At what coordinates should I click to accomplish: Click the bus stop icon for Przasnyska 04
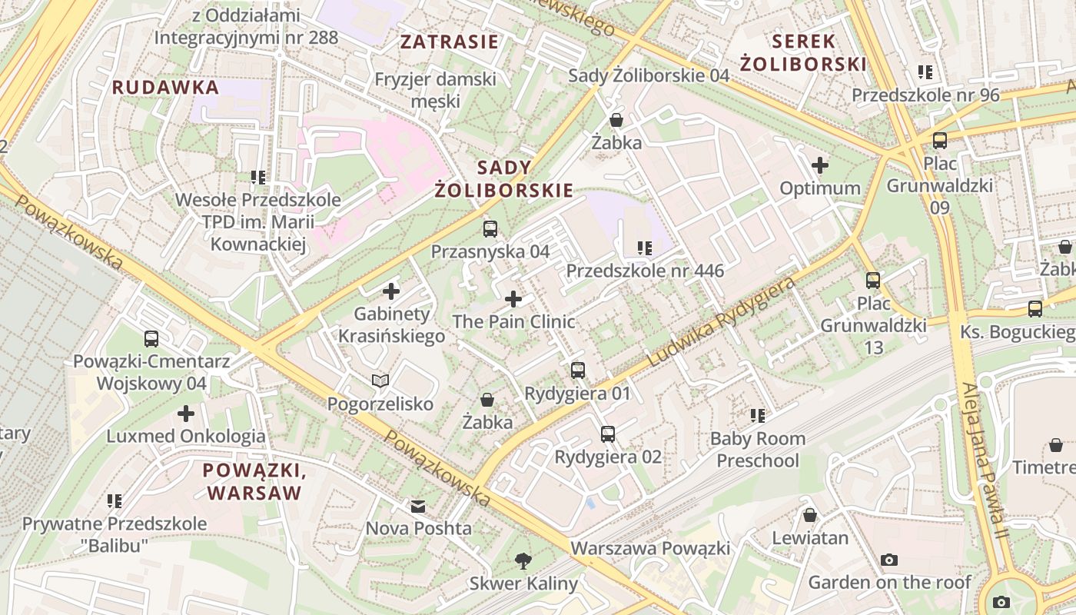pos(490,228)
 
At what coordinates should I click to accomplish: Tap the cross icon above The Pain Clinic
pos(513,298)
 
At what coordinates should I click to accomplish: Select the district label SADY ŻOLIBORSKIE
pos(504,179)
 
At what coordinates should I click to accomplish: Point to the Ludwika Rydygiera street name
pos(721,322)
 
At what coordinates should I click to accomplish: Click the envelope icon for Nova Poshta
pos(418,506)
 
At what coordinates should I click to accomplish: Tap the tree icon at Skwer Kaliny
pos(523,560)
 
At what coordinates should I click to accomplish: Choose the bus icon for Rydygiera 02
pos(608,434)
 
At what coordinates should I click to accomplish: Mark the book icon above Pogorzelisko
pos(380,381)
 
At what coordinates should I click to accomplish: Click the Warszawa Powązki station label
pos(650,549)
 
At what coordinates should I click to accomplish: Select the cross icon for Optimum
pos(820,165)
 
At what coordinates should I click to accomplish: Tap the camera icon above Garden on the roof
pos(889,560)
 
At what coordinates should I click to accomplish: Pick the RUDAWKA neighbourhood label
pos(166,88)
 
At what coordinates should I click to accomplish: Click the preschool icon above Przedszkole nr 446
pos(645,248)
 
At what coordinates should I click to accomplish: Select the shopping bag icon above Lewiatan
pos(810,515)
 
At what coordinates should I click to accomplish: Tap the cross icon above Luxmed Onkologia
pos(186,414)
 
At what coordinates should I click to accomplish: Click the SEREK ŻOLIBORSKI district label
pos(804,52)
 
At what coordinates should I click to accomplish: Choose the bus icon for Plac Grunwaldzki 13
pos(873,280)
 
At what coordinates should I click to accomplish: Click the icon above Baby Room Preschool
pos(758,416)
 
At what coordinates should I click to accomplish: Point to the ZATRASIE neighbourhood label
pos(450,42)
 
